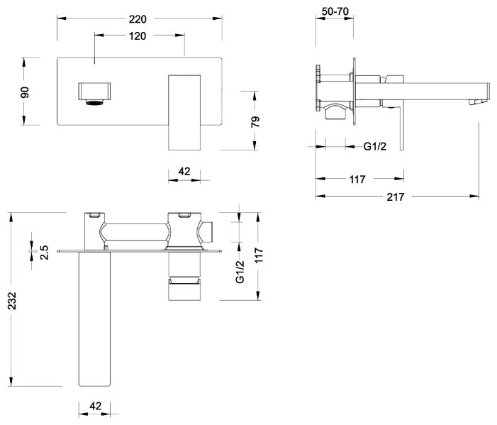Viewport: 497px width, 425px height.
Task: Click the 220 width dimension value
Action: [138, 19]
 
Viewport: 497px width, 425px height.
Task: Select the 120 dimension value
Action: [138, 36]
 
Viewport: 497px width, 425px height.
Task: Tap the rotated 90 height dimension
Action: [25, 92]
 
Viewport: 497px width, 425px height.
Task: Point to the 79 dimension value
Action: [255, 121]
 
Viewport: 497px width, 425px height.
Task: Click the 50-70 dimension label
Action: [335, 11]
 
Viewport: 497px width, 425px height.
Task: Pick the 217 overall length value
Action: [395, 197]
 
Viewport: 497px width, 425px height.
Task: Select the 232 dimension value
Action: [12, 301]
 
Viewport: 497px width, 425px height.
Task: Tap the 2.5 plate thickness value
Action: [45, 253]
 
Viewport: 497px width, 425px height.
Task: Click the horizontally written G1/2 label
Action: [375, 147]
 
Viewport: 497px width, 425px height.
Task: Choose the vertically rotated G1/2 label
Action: [240, 272]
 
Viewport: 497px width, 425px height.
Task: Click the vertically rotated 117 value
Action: [259, 255]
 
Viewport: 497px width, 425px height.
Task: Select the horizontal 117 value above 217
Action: [357, 180]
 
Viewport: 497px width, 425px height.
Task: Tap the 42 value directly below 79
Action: [184, 171]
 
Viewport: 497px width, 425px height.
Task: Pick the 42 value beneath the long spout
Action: [96, 406]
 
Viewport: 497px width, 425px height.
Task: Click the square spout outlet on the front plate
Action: [94, 93]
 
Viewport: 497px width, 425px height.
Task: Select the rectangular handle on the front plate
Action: [184, 113]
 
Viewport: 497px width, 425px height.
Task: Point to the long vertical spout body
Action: [94, 319]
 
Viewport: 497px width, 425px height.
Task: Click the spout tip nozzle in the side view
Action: [479, 101]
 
